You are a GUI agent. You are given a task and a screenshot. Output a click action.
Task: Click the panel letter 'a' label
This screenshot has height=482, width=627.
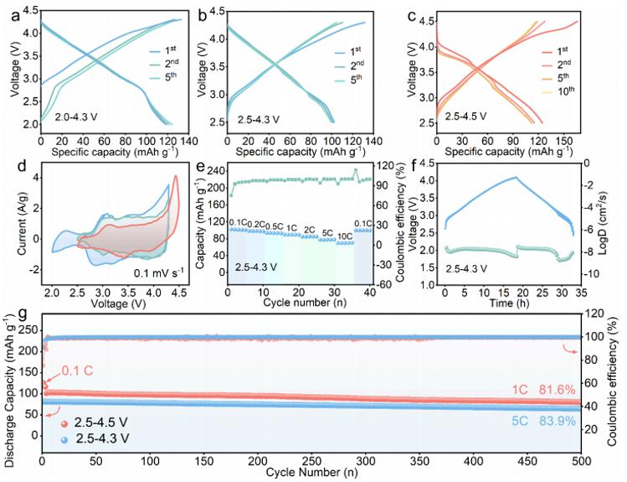16,17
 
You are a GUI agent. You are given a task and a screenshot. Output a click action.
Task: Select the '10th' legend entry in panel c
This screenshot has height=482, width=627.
564,91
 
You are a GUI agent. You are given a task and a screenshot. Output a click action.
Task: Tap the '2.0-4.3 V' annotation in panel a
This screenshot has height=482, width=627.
77,117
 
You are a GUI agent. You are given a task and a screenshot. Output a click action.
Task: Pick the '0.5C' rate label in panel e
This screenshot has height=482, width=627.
275,226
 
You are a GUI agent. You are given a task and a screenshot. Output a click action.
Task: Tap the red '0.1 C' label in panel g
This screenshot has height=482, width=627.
77,371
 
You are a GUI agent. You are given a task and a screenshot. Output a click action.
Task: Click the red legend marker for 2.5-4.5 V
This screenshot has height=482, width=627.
64,423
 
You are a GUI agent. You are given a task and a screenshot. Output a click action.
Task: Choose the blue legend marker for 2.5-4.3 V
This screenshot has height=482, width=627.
64,439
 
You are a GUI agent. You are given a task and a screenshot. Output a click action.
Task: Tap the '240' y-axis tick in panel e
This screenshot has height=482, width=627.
215,170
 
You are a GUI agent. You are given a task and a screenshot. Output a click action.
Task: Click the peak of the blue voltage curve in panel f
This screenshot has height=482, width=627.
516,177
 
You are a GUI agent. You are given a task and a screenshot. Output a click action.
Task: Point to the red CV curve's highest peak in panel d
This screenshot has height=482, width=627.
175,176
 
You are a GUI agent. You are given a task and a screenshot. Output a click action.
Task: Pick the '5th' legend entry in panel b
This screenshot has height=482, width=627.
356,79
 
